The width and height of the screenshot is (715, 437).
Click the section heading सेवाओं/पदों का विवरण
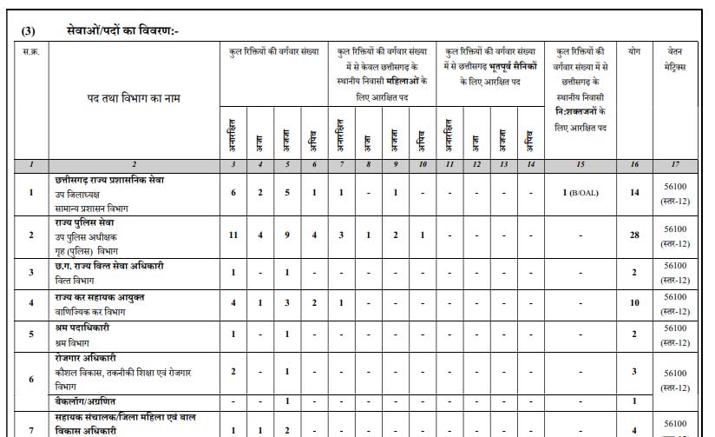coord(121,31)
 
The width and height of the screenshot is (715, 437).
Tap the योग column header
coord(634,51)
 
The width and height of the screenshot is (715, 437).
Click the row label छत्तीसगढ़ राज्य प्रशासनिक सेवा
coord(109,180)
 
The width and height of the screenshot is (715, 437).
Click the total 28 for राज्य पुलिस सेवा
coord(634,235)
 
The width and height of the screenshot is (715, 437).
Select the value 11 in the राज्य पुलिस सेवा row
coord(233,235)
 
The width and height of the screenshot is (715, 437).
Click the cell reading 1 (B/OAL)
coord(581,192)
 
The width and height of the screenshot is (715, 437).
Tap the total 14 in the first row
coord(634,192)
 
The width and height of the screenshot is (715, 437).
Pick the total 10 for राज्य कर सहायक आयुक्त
coord(634,302)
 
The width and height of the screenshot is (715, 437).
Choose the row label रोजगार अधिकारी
coord(85,358)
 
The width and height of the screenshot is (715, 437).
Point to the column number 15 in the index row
coord(581,164)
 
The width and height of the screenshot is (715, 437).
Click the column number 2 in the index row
coord(133,164)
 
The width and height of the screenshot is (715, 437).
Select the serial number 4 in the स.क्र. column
coord(30,302)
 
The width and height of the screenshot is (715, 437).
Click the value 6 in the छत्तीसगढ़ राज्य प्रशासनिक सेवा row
coord(233,192)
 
